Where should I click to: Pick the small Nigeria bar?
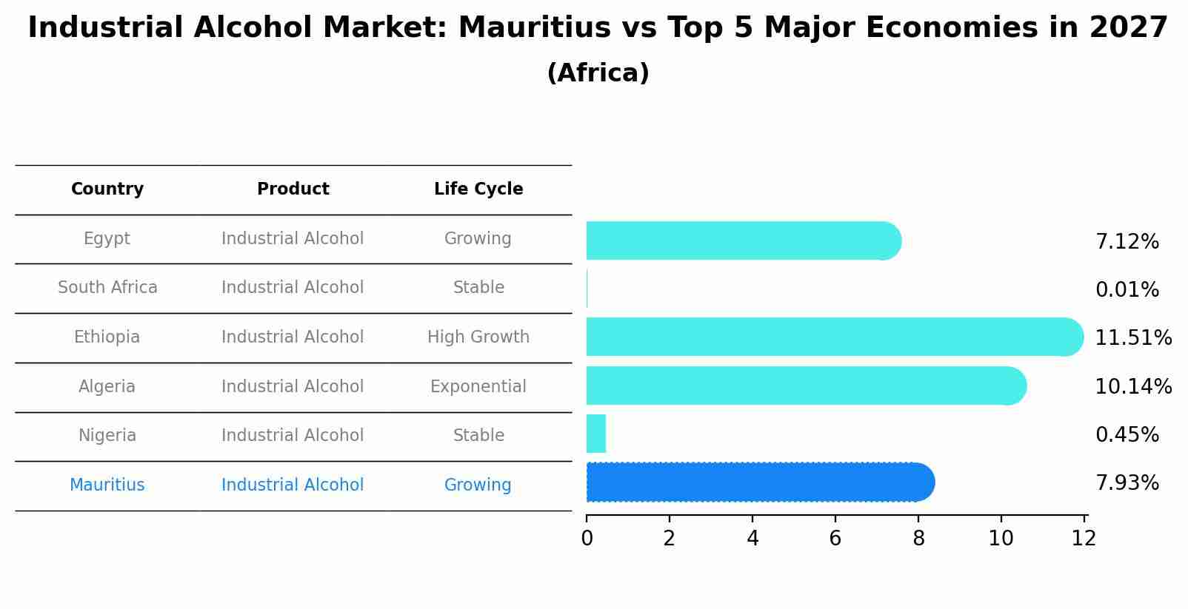coord(596,434)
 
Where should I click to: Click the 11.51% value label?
coord(1132,338)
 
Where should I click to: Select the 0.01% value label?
coord(1127,290)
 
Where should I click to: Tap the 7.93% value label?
coord(1127,483)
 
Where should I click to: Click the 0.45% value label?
coord(1127,435)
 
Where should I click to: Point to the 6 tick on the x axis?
coord(835,539)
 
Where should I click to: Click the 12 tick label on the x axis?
coord(1084,539)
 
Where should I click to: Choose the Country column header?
coord(107,189)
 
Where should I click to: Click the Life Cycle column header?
coord(478,189)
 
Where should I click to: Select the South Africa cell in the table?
coord(107,288)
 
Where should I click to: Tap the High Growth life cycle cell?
coord(478,337)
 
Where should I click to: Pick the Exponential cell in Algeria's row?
coord(478,387)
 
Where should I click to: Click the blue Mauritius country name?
coord(107,485)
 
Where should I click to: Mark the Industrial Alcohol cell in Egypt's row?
coord(293,239)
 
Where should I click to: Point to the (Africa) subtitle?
coord(598,73)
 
